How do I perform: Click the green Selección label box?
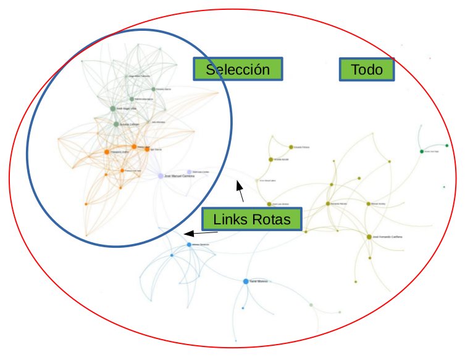[x=238, y=70]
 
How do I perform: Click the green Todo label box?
[x=367, y=70]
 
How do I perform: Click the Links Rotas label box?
[x=251, y=219]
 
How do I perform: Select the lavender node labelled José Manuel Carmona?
[x=161, y=176]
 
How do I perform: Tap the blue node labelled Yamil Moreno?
[x=246, y=281]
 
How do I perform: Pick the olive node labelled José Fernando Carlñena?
[x=369, y=237]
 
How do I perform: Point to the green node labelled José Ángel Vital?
[x=113, y=108]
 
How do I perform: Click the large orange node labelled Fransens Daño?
[x=107, y=152]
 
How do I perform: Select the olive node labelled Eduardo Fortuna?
[x=291, y=147]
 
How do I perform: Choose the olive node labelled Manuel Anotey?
[x=369, y=203]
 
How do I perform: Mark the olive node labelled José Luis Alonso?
[x=269, y=203]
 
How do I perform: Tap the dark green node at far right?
[x=422, y=151]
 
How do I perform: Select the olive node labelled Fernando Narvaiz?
[x=328, y=203]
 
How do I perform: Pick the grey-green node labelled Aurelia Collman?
[x=116, y=125]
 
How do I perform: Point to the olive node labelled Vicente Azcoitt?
[x=270, y=160]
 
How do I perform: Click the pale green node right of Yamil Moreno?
[x=311, y=305]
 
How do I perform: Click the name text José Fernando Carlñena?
[x=387, y=237]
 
